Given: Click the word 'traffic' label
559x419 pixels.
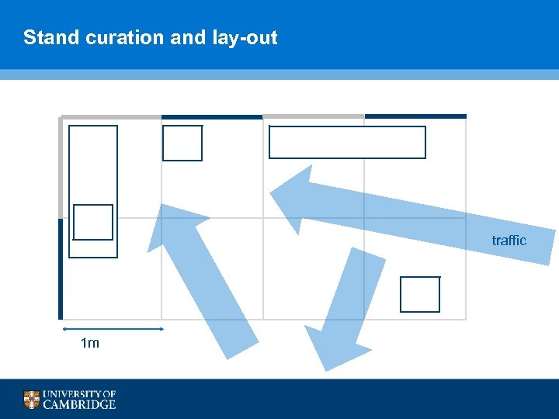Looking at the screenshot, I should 509,241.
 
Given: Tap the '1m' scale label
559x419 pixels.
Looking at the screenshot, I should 90,343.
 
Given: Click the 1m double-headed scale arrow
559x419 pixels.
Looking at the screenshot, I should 113,329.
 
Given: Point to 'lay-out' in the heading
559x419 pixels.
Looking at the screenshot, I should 244,37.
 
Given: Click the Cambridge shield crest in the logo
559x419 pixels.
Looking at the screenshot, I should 31,400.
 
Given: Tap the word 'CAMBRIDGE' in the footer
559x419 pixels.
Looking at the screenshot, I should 80,404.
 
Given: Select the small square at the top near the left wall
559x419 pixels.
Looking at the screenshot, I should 182,144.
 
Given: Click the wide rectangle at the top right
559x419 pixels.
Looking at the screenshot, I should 347,143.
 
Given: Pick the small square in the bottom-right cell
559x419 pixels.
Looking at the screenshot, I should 420,294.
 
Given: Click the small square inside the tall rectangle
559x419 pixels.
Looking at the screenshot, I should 93,223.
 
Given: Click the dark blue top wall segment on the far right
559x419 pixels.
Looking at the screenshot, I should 415,116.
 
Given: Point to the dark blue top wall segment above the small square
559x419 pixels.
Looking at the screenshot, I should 212,116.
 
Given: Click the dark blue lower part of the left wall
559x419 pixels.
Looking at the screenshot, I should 60,268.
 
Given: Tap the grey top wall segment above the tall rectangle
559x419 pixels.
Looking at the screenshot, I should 111,116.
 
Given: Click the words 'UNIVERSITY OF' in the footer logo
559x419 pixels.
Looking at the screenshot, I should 80,394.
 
